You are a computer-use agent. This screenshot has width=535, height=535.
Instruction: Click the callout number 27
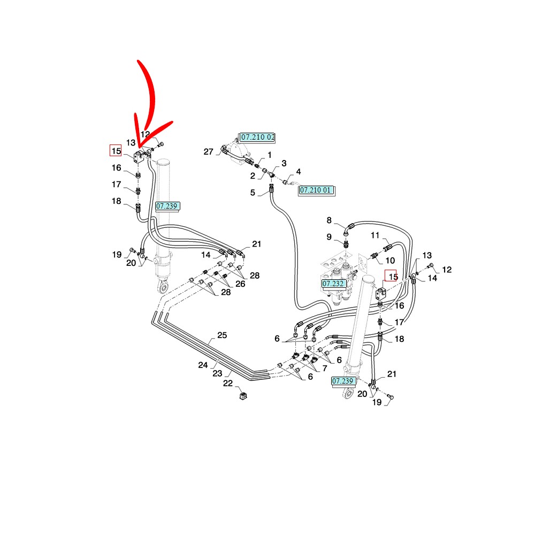tap(208, 152)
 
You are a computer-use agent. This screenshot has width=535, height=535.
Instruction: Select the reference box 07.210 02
tap(257, 137)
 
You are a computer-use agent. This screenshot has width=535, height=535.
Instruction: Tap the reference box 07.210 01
tap(317, 190)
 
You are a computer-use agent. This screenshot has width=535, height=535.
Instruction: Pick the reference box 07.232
tap(333, 283)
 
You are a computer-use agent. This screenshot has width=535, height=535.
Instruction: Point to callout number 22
tap(227, 384)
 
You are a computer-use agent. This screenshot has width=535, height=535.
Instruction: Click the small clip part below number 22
tap(243, 396)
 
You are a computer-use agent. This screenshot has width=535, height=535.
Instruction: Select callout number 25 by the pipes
tap(222, 336)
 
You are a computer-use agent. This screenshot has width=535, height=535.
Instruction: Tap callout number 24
tap(203, 365)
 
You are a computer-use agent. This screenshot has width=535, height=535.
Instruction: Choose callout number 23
tap(217, 373)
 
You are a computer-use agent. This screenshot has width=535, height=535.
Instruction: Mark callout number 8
tap(329, 220)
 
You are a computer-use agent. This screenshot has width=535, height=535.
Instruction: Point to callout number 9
tap(329, 237)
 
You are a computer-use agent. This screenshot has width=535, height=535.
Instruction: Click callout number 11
tap(374, 235)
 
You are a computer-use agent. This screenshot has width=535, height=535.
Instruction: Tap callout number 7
tap(324, 369)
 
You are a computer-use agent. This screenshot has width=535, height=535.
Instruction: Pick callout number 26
tap(240, 284)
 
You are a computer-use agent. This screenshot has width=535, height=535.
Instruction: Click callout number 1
tap(269, 155)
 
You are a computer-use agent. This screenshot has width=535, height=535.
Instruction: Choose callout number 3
tap(284, 163)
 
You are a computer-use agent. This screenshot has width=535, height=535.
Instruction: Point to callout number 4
tap(299, 172)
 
